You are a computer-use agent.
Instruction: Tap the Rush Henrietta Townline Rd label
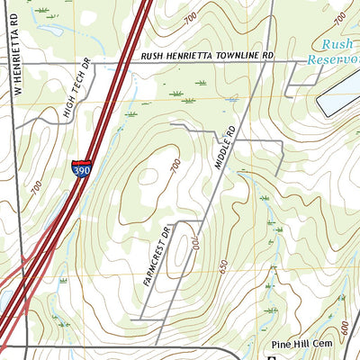coord(206,56)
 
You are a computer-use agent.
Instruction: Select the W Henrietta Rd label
coord(16,49)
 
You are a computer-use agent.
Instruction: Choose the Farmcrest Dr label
coord(155,256)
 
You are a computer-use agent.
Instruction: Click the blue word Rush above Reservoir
coord(338,42)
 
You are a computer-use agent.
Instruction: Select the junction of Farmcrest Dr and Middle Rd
coord(200,220)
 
